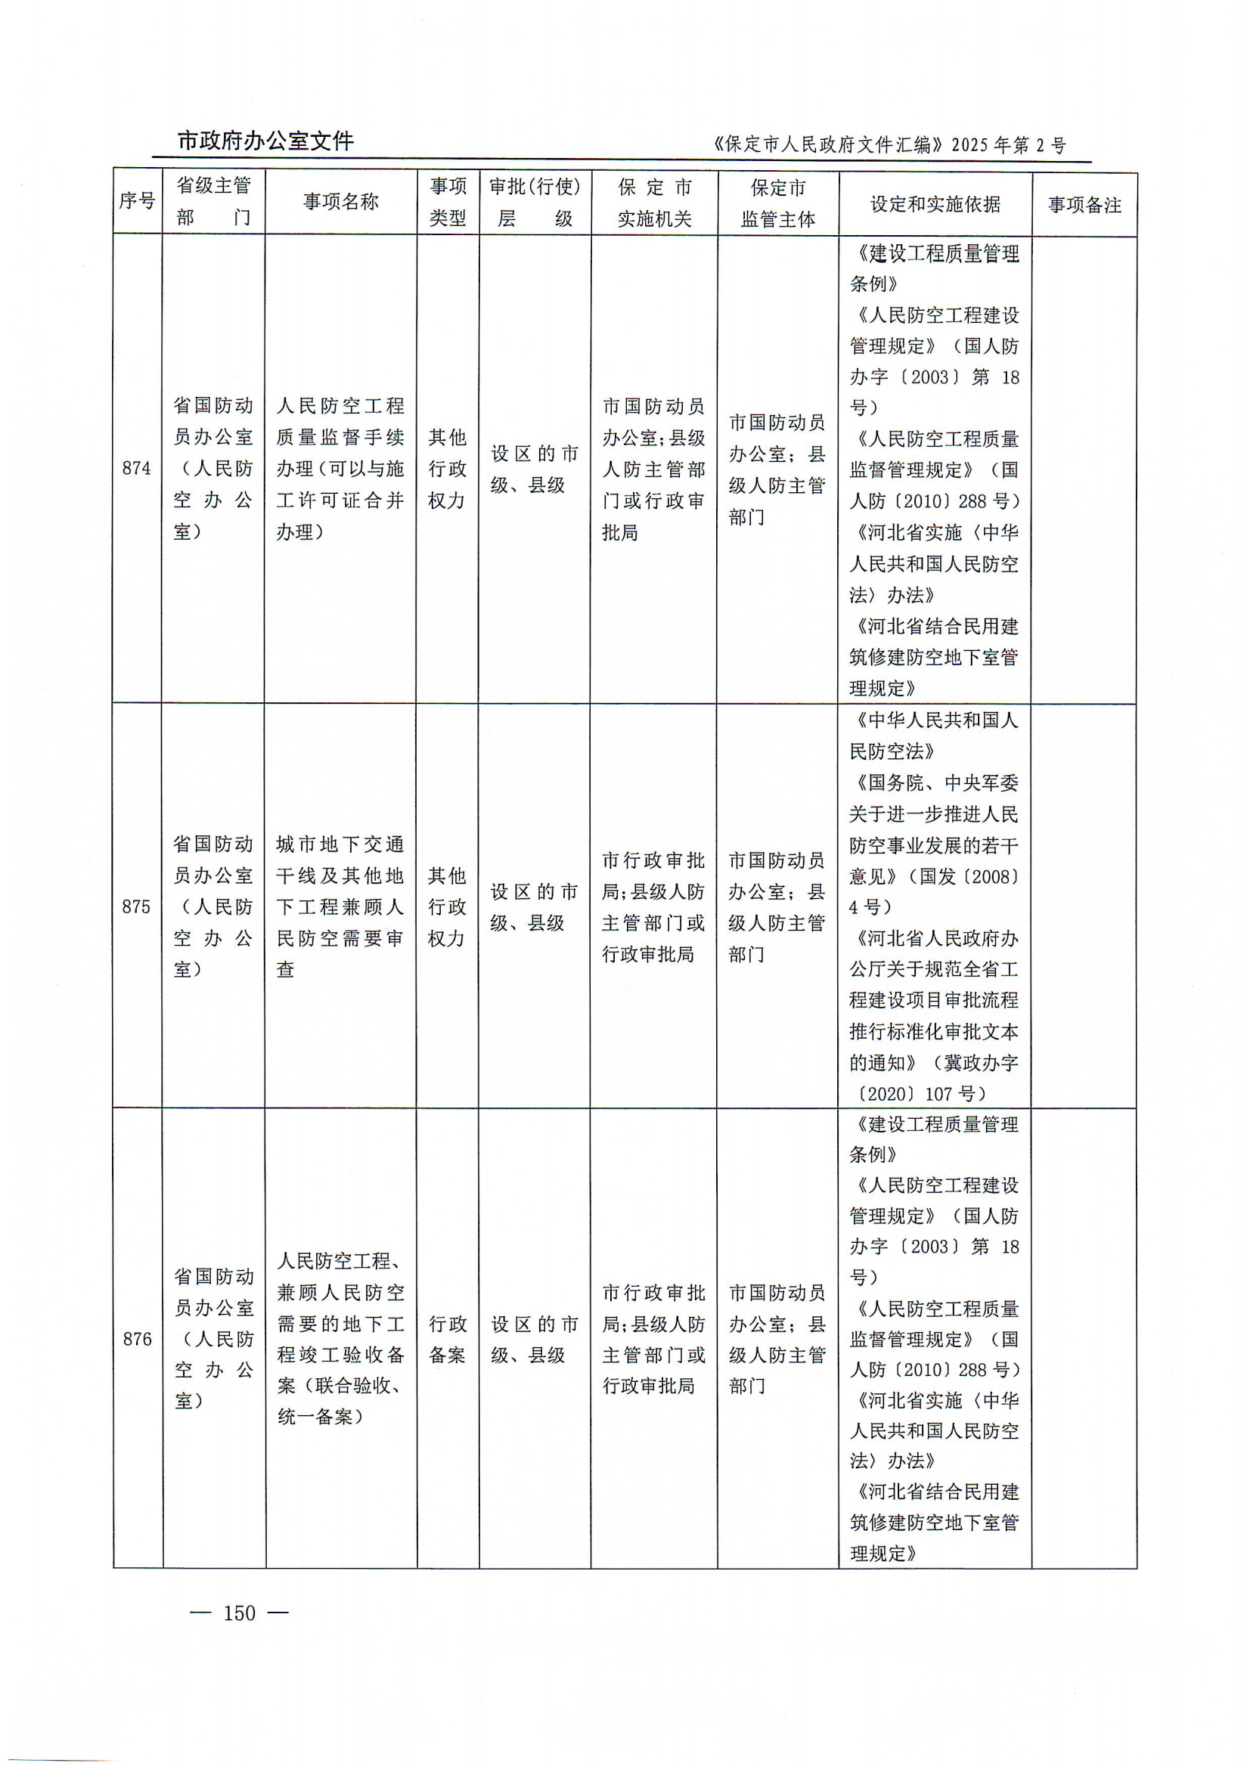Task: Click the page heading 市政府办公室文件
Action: click(265, 141)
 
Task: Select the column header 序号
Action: click(137, 202)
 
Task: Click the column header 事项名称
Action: click(341, 202)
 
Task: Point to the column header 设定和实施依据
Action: click(935, 204)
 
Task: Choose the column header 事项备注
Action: click(1084, 205)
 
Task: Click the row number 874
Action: click(137, 468)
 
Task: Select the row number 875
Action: click(136, 906)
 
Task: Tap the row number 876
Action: click(137, 1339)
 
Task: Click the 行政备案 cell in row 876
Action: click(447, 1339)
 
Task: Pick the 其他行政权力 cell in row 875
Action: click(447, 906)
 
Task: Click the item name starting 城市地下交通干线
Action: click(340, 906)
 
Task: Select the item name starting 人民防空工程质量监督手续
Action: click(340, 468)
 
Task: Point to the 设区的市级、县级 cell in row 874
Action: click(534, 469)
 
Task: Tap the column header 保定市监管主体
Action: click(777, 204)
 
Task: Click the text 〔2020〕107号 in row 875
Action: click(916, 1093)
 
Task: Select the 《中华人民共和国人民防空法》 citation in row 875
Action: click(934, 735)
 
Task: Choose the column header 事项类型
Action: click(447, 202)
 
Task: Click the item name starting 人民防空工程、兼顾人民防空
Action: click(340, 1339)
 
